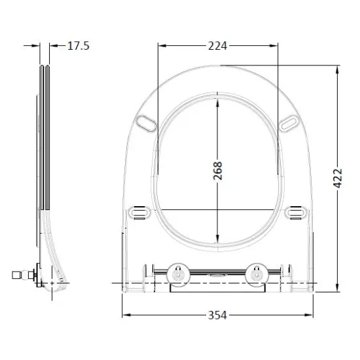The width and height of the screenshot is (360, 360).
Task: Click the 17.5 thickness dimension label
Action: pyautogui.click(x=79, y=46)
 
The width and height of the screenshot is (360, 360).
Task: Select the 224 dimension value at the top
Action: pyautogui.click(x=217, y=46)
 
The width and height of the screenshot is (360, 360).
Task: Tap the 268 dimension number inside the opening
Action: pyautogui.click(x=218, y=171)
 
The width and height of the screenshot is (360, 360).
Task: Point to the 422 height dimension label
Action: pyautogui.click(x=338, y=179)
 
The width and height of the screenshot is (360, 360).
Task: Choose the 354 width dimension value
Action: pyautogui.click(x=217, y=315)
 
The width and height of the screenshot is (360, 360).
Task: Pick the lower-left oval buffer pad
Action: pyautogui.click(x=139, y=212)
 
